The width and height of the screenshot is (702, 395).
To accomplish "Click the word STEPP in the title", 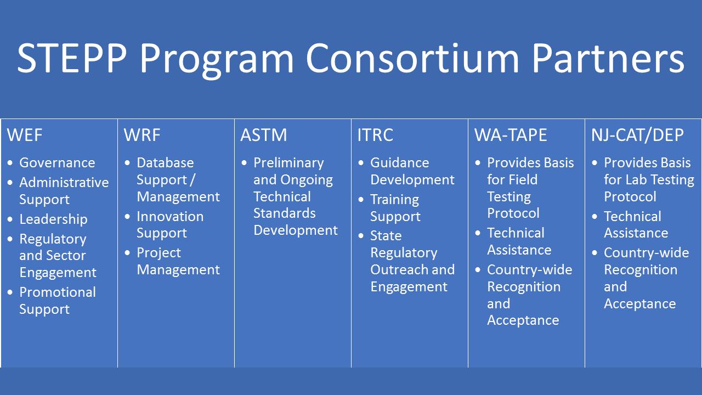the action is point(72,59).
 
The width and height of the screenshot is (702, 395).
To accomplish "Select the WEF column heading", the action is point(25,135).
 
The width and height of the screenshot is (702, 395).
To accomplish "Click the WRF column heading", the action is point(142,135).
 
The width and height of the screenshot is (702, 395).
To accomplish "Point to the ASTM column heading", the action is point(264,135).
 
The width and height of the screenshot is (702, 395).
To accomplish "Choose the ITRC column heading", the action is point(375,135).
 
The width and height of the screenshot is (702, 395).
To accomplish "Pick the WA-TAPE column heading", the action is point(511,135).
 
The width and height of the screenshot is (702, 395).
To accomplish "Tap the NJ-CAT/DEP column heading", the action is point(637,135).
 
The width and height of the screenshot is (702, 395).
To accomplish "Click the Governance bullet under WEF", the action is point(57,163).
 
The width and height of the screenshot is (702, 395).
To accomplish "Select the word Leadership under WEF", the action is point(53,219).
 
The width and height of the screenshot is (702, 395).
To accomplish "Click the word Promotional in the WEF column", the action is point(58,292).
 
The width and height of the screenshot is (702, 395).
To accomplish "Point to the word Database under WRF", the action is point(165,163).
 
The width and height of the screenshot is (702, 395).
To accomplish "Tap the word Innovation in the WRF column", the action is point(170,217).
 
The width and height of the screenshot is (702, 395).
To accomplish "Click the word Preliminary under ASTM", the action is point(288,163).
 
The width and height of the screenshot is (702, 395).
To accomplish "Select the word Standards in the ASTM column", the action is point(284,213).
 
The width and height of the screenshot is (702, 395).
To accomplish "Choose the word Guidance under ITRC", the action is point(400,163).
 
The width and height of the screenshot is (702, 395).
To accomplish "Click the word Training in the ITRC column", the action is point(394,200).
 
